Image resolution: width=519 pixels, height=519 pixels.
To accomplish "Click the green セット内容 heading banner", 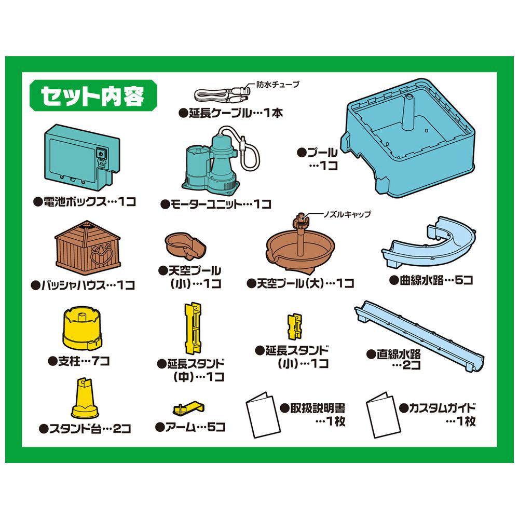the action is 93,95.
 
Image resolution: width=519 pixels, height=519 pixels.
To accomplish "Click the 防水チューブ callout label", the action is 278,85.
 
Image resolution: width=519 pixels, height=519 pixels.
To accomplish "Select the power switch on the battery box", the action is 101,153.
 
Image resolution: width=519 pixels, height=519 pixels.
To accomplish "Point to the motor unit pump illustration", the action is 217,162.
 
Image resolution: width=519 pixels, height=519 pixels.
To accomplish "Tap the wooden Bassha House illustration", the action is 88,248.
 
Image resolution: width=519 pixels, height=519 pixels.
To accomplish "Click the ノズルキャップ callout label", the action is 347,214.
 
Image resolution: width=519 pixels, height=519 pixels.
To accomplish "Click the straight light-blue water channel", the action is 419,336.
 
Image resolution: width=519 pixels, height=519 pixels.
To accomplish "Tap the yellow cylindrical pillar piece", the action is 82,327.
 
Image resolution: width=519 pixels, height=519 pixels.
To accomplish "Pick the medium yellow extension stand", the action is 193,327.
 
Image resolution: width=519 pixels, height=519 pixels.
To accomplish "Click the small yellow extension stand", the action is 295,326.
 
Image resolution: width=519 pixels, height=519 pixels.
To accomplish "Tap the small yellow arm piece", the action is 188,408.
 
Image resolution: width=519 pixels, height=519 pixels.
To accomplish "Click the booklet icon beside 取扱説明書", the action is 263,415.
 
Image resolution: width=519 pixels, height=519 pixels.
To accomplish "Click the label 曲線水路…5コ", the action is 431,280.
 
